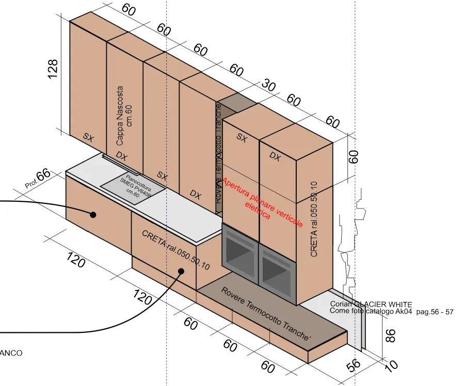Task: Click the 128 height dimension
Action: (53, 69)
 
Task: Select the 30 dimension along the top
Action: (269, 85)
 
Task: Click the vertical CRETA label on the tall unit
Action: (314, 219)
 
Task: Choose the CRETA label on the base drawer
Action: (175, 250)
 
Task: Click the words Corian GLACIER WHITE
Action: (371, 304)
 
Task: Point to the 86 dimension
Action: (391, 335)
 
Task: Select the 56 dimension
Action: (354, 365)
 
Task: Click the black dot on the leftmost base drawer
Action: (93, 215)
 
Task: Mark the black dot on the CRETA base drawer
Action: (182, 271)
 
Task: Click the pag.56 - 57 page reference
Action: (434, 312)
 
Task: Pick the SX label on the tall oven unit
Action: (242, 137)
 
